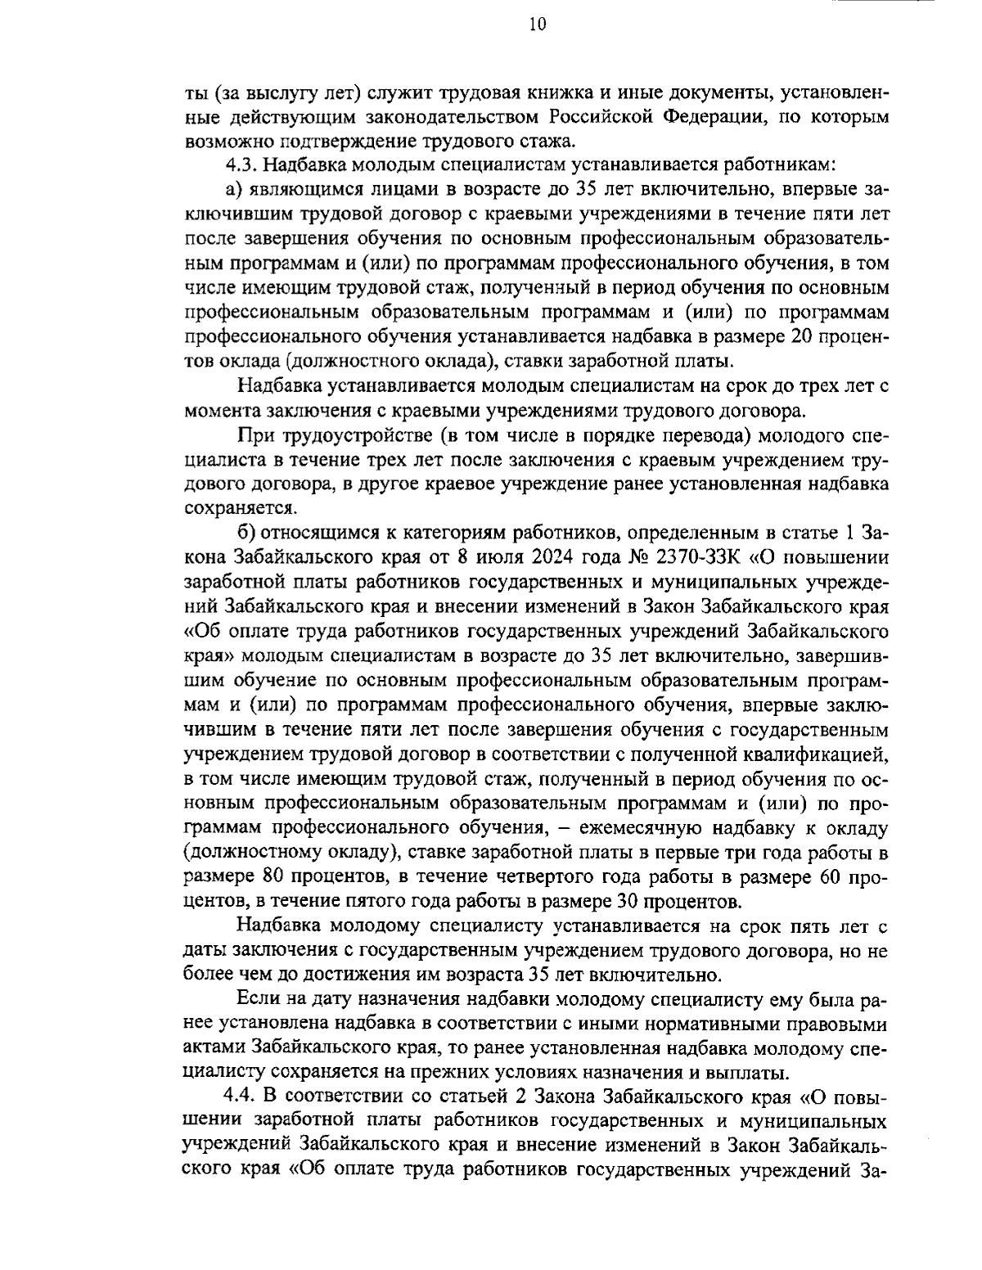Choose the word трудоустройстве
pos(359,433)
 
